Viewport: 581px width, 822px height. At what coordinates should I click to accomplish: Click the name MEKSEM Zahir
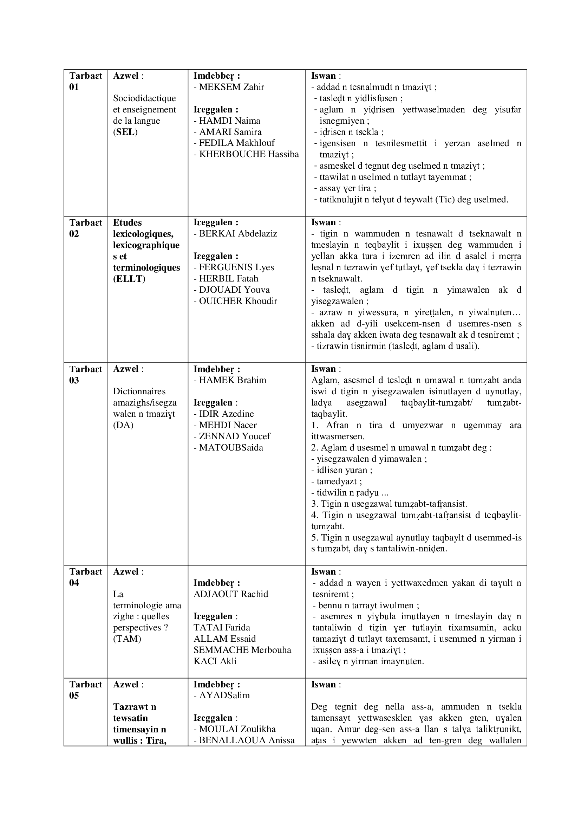click(231, 87)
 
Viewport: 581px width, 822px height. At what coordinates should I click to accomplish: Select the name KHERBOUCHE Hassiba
click(249, 154)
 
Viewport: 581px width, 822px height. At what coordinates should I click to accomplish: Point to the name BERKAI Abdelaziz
click(238, 234)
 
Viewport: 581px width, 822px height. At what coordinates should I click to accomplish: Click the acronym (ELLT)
click(129, 279)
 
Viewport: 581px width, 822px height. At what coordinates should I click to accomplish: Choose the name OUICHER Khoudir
click(238, 301)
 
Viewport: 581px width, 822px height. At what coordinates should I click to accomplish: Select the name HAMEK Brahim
click(233, 380)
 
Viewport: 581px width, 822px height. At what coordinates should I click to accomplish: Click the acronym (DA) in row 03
click(123, 425)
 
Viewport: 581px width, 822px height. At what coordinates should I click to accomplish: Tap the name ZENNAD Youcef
click(234, 436)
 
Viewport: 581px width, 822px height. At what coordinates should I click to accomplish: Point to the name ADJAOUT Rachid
click(231, 594)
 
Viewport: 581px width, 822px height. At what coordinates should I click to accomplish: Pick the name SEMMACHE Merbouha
click(242, 650)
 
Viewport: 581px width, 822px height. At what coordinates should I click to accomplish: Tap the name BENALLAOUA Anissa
click(247, 740)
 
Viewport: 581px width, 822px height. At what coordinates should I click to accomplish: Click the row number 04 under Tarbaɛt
click(74, 583)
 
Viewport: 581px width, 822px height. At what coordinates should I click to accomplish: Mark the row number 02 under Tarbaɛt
click(74, 234)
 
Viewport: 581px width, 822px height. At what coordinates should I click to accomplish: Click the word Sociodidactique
click(144, 98)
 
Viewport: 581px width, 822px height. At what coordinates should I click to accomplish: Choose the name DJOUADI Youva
click(234, 290)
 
